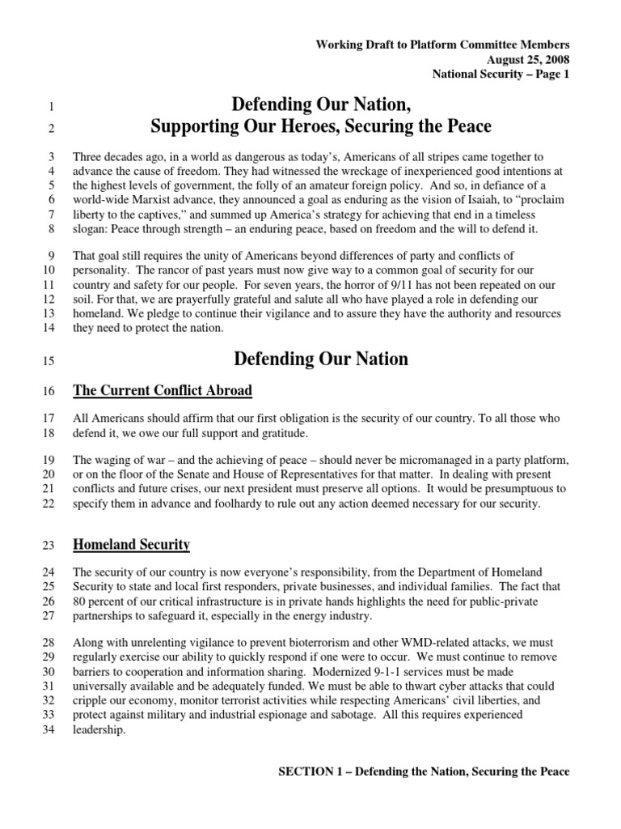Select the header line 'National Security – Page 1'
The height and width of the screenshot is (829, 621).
click(501, 74)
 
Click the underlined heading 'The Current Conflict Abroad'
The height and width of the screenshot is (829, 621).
click(163, 391)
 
